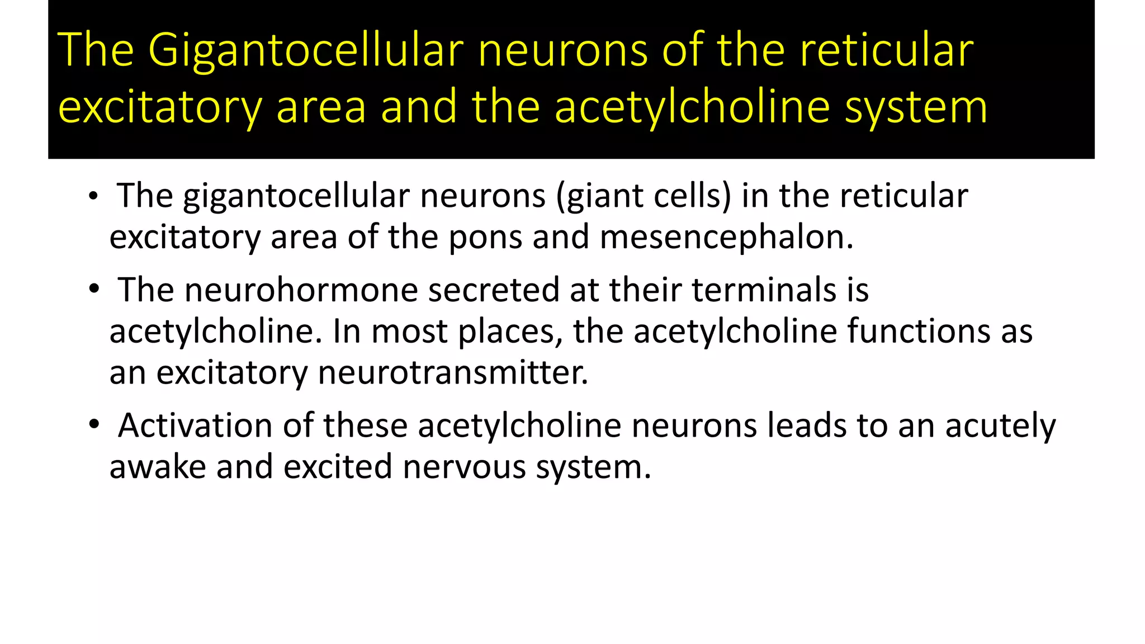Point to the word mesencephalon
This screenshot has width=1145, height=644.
[726, 237]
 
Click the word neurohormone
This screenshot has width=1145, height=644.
[301, 290]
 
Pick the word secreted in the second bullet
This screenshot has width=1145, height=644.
[494, 290]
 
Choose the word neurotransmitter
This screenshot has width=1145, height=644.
[453, 372]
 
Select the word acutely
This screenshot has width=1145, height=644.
[1000, 425]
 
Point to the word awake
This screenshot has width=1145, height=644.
[158, 467]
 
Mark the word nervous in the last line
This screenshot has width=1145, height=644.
[464, 467]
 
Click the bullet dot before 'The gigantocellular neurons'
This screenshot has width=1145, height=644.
[93, 197]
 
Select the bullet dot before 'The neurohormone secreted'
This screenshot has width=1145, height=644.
[93, 290]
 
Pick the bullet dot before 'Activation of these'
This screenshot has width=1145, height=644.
[93, 425]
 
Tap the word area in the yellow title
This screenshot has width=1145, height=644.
[321, 107]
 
